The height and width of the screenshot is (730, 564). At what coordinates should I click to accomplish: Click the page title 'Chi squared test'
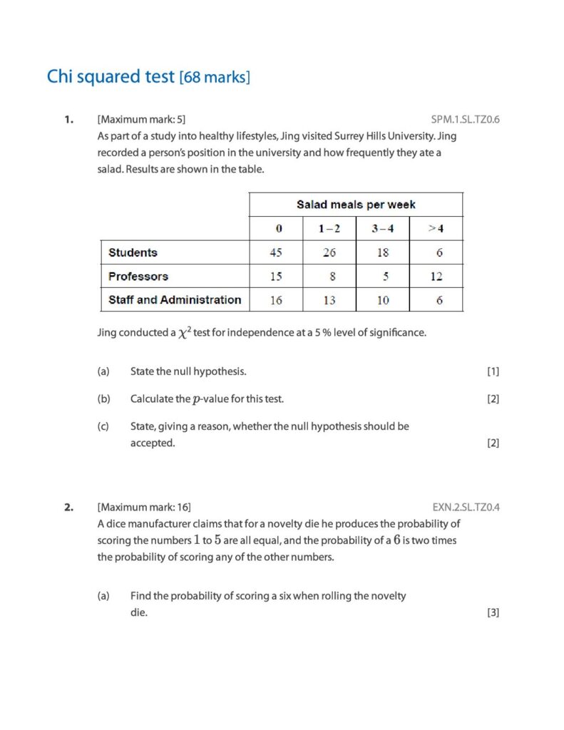pyautogui.click(x=111, y=76)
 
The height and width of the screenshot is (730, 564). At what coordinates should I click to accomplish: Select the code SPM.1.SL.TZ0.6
pyautogui.click(x=465, y=119)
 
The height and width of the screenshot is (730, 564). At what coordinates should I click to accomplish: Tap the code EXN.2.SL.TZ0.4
pyautogui.click(x=466, y=508)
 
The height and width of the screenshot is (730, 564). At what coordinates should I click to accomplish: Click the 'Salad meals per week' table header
pyautogui.click(x=356, y=205)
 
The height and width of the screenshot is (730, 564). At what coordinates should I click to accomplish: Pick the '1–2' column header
pyautogui.click(x=329, y=229)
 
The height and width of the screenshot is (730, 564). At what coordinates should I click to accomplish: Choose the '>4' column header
pyautogui.click(x=436, y=229)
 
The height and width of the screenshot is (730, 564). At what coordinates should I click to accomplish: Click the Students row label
pyautogui.click(x=133, y=252)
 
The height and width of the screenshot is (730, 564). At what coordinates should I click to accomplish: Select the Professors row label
pyautogui.click(x=138, y=276)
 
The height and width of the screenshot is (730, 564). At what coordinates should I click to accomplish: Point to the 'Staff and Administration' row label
pyautogui.click(x=175, y=299)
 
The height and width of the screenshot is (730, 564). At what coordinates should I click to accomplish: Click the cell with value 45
pyautogui.click(x=276, y=252)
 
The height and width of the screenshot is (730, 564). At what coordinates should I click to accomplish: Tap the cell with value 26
pyautogui.click(x=329, y=252)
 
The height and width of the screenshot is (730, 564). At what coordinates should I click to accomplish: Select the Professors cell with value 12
pyautogui.click(x=436, y=277)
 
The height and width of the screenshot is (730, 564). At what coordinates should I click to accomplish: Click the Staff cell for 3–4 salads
pyautogui.click(x=383, y=300)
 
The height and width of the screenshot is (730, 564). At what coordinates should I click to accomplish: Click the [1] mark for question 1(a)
pyautogui.click(x=493, y=371)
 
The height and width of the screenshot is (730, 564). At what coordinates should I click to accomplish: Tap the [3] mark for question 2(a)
pyautogui.click(x=493, y=612)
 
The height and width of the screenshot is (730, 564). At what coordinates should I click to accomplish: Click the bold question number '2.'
pyautogui.click(x=68, y=508)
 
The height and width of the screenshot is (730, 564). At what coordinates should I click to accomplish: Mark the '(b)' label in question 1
pyautogui.click(x=103, y=399)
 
